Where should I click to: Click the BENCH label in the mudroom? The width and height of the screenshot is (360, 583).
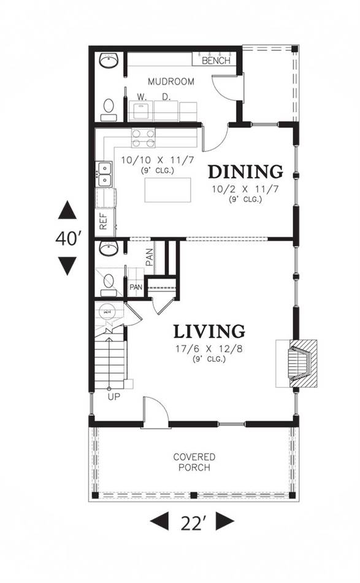[x=216, y=61]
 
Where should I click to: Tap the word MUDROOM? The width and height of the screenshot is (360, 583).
[x=171, y=82]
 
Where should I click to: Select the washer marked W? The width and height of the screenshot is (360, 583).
[x=141, y=110]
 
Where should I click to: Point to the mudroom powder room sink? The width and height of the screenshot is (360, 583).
[x=109, y=61]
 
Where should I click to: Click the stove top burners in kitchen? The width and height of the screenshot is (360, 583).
[x=143, y=138]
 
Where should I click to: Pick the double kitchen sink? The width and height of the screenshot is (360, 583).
[x=104, y=174]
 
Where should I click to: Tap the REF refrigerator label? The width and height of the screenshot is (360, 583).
[x=103, y=220]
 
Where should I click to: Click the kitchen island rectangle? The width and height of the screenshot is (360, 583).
[x=167, y=190]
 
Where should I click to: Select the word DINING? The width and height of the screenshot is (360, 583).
[x=245, y=172]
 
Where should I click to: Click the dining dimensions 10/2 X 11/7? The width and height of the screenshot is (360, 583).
[x=245, y=189]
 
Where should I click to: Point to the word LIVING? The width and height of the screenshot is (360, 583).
[x=209, y=331]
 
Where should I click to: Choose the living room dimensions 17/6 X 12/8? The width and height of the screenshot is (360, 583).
[x=209, y=349]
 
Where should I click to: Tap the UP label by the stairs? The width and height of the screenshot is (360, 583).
[x=114, y=396]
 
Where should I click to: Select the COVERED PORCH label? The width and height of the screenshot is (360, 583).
[x=194, y=461]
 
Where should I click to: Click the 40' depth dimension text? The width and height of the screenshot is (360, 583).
[x=69, y=238]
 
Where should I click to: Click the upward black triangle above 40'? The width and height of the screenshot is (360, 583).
[x=67, y=210]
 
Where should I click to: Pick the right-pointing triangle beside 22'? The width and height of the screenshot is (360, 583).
[x=224, y=521]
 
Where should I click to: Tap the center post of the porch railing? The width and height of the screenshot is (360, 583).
[x=193, y=495]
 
